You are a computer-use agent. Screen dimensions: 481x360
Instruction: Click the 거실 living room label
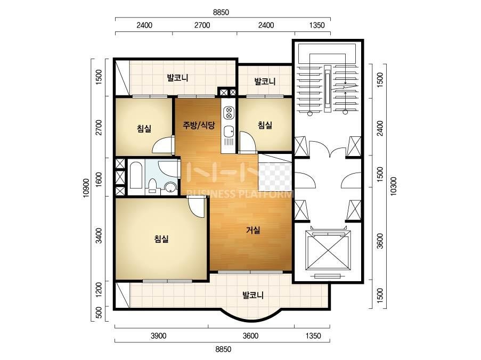253,230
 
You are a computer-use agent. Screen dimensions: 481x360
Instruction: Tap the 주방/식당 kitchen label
199,125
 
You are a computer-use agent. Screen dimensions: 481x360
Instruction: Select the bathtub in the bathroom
136,175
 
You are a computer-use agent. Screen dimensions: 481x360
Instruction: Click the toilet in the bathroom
152,186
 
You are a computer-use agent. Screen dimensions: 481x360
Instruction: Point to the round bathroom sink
170,187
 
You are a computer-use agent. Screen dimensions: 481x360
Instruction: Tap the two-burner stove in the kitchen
229,112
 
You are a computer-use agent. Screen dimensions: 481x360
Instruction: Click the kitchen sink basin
228,132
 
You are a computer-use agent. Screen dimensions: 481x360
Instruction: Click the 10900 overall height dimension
86,188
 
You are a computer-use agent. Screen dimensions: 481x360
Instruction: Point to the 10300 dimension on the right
394,186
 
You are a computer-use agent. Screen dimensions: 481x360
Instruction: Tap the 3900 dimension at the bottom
158,336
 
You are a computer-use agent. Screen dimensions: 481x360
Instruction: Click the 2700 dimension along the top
202,25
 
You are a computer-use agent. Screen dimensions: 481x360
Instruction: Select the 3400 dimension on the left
99,235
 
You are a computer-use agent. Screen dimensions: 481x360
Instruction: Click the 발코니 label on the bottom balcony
253,296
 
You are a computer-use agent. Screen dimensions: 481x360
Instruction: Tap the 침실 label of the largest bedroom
161,239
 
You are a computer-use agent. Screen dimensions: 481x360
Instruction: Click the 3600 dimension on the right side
380,241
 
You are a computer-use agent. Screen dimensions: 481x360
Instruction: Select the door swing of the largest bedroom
197,207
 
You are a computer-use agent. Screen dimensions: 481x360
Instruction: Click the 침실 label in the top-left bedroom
144,128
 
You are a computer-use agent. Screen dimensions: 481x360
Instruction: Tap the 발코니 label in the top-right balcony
265,81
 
